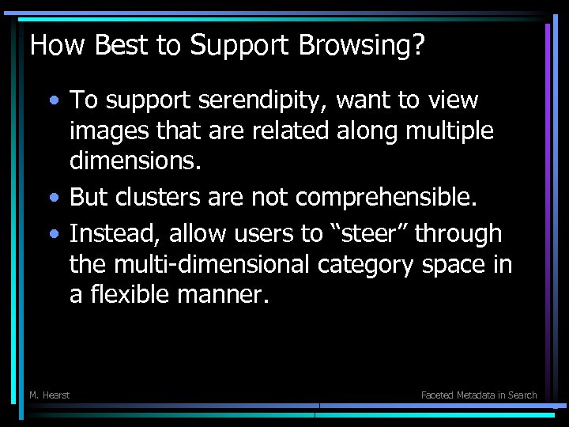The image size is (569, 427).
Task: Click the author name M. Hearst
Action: pyautogui.click(x=49, y=395)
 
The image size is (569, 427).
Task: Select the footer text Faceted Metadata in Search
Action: pyautogui.click(x=479, y=395)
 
